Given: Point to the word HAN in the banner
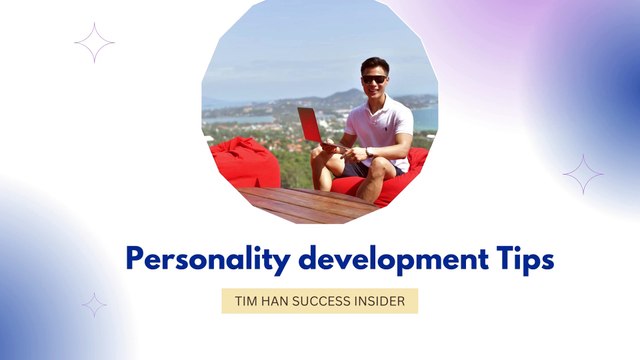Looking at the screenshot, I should tap(277, 302).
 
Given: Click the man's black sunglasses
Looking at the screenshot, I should tap(374, 79).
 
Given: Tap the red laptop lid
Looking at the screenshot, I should tap(310, 125).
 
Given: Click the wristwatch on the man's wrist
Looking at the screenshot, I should tap(367, 152).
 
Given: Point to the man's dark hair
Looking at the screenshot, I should tap(375, 64).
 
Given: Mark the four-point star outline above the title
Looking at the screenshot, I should tap(94, 43).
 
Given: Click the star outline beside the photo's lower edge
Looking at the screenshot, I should tap(583, 174).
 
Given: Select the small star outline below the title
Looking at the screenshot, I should tap(94, 305).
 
